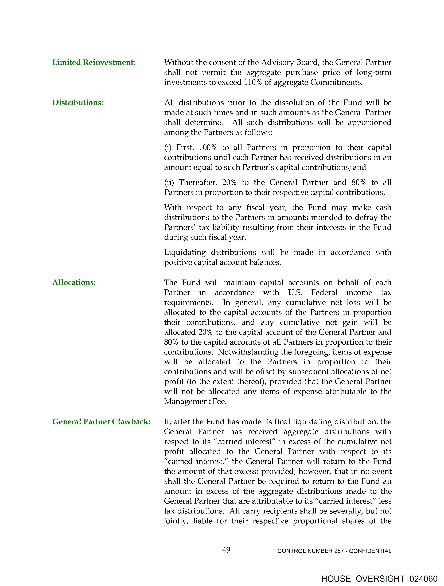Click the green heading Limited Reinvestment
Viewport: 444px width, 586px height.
[94, 62]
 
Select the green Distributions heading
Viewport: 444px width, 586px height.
[78, 102]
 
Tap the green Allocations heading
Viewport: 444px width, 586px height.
[74, 282]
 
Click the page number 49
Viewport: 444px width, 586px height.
[226, 550]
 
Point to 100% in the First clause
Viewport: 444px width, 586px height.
[207, 148]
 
